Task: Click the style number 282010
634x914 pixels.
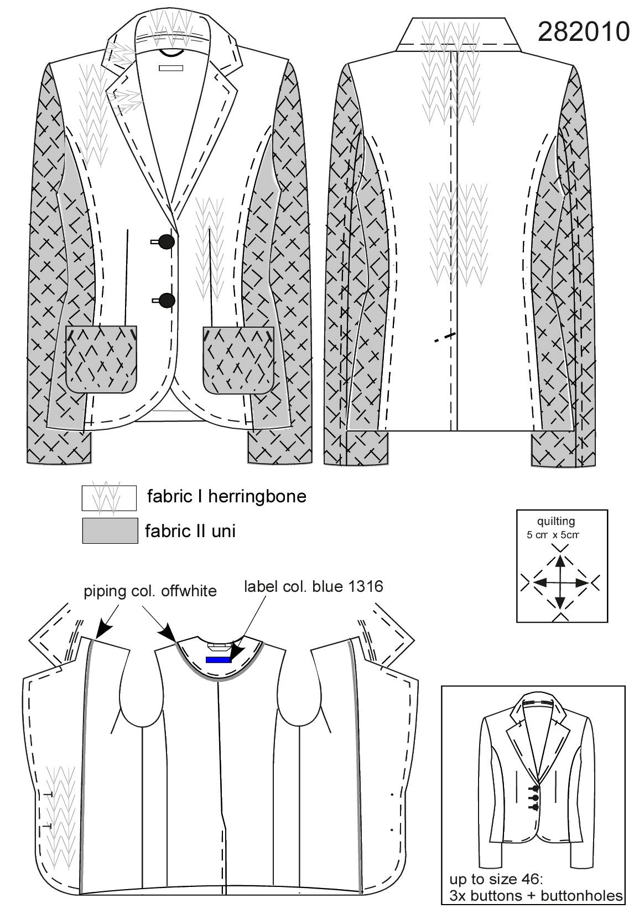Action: coord(583,32)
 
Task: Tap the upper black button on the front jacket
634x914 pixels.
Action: coord(167,242)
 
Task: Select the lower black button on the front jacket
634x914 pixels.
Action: coord(167,300)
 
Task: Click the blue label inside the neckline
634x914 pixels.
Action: coord(219,659)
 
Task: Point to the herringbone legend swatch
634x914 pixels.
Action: coord(109,497)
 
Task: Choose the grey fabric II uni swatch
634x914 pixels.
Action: coord(110,530)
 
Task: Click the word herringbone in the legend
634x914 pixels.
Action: coord(257,497)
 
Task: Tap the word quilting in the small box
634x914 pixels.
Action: coord(555,521)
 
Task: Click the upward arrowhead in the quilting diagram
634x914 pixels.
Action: coord(560,563)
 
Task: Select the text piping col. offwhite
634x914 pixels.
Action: coord(150,591)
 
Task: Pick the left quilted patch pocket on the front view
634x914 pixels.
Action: coord(101,359)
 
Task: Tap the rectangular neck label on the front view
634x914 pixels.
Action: coord(171,68)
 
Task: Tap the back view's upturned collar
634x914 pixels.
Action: coord(459,34)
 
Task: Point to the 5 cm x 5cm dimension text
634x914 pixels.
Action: coord(553,534)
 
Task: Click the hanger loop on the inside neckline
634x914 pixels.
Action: coord(220,645)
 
